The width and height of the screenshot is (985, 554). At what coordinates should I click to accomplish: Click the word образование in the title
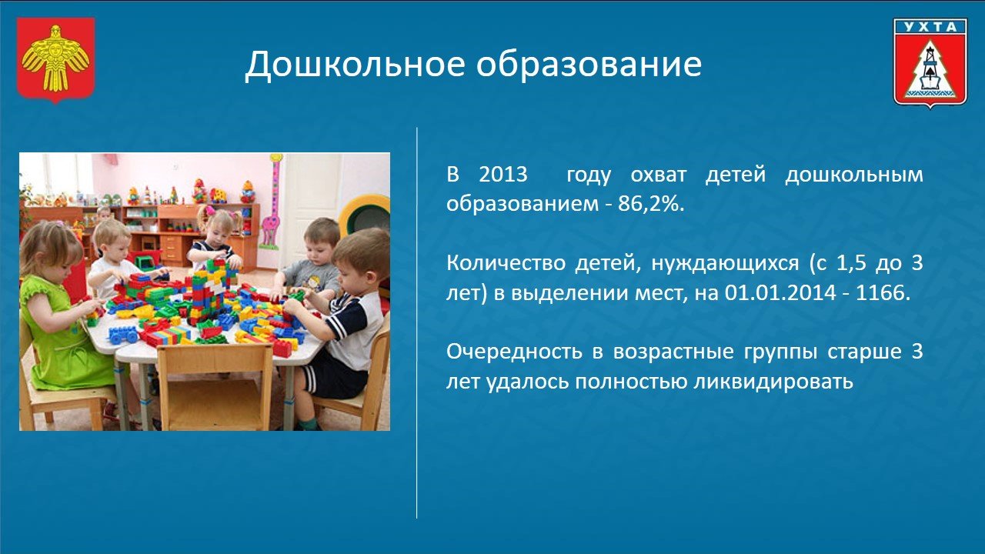click(589, 64)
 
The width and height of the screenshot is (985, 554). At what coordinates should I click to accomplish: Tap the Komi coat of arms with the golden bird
click(56, 60)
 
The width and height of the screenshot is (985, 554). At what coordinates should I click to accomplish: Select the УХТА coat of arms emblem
click(930, 63)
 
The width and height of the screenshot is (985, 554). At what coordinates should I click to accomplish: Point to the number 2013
click(503, 175)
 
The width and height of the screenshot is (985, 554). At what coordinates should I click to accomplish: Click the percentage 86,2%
click(651, 204)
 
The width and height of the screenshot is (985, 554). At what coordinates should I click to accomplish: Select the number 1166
click(883, 293)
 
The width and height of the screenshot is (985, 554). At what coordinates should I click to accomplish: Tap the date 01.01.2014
click(780, 293)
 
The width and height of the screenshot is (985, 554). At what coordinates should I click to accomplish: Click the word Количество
click(506, 263)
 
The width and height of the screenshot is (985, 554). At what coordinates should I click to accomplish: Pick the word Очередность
click(514, 352)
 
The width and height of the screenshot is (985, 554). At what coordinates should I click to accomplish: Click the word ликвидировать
click(773, 382)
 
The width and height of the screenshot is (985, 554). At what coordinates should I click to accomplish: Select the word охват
click(658, 175)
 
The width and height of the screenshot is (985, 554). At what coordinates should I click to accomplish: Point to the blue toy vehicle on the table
click(122, 335)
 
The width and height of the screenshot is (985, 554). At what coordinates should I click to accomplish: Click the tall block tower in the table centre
click(212, 290)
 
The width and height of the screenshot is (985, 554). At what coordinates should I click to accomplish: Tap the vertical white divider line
click(416, 322)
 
